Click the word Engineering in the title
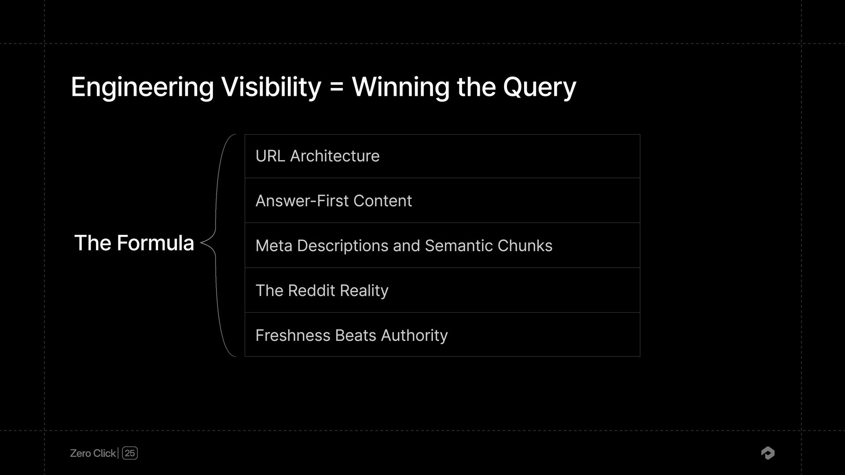pos(142,87)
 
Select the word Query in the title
pos(539,87)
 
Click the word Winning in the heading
pos(400,87)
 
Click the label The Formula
pos(134,243)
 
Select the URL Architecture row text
pos(317,156)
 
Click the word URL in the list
pos(270,156)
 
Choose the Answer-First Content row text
pos(334,201)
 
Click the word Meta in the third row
pos(274,246)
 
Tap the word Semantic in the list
pos(458,246)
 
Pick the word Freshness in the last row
pos(293,336)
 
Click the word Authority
pos(414,336)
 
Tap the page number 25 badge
pos(130,453)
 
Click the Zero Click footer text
pos(93,453)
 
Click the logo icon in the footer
pos(768,453)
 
